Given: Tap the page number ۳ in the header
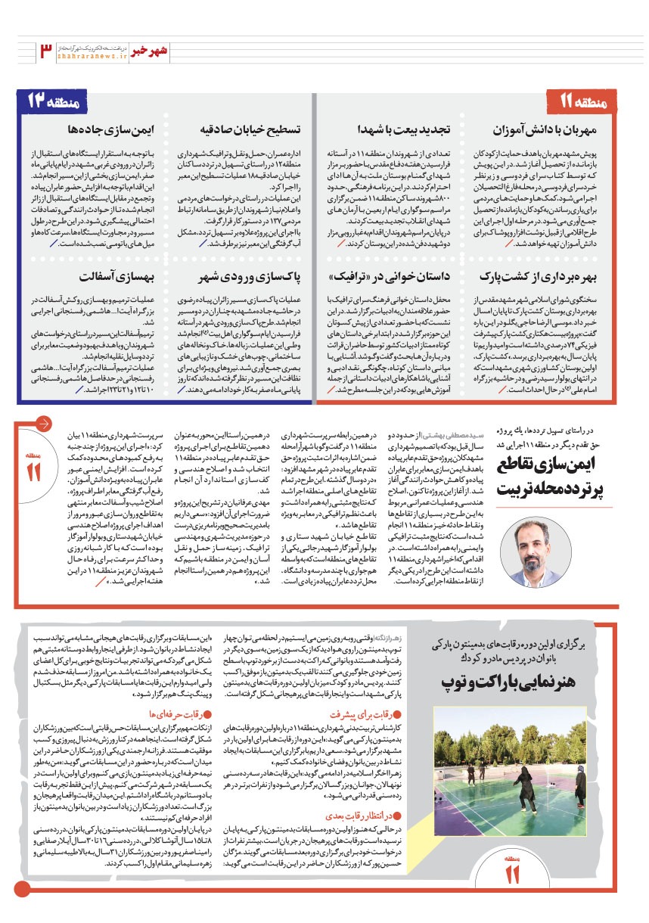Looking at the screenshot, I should (x=45, y=51).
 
